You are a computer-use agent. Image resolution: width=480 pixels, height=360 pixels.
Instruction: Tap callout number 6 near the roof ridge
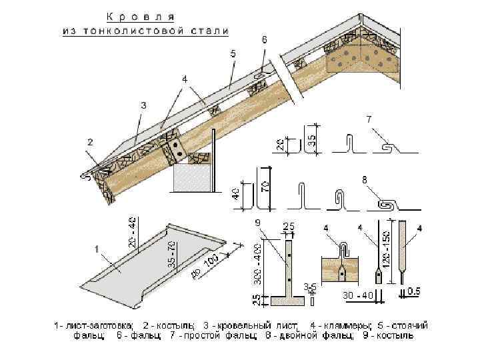[x=265, y=40]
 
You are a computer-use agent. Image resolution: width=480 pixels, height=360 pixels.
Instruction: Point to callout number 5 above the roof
[x=233, y=53]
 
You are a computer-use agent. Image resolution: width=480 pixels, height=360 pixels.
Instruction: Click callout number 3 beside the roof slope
[x=143, y=105]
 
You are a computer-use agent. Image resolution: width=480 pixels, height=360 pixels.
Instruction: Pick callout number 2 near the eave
[x=89, y=142]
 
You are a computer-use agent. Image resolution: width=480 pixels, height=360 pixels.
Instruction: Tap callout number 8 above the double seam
[x=364, y=179]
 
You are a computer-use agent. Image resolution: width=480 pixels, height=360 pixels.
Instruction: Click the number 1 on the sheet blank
[x=97, y=249]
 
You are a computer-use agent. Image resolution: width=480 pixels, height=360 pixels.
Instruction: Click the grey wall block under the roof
[x=191, y=180]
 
